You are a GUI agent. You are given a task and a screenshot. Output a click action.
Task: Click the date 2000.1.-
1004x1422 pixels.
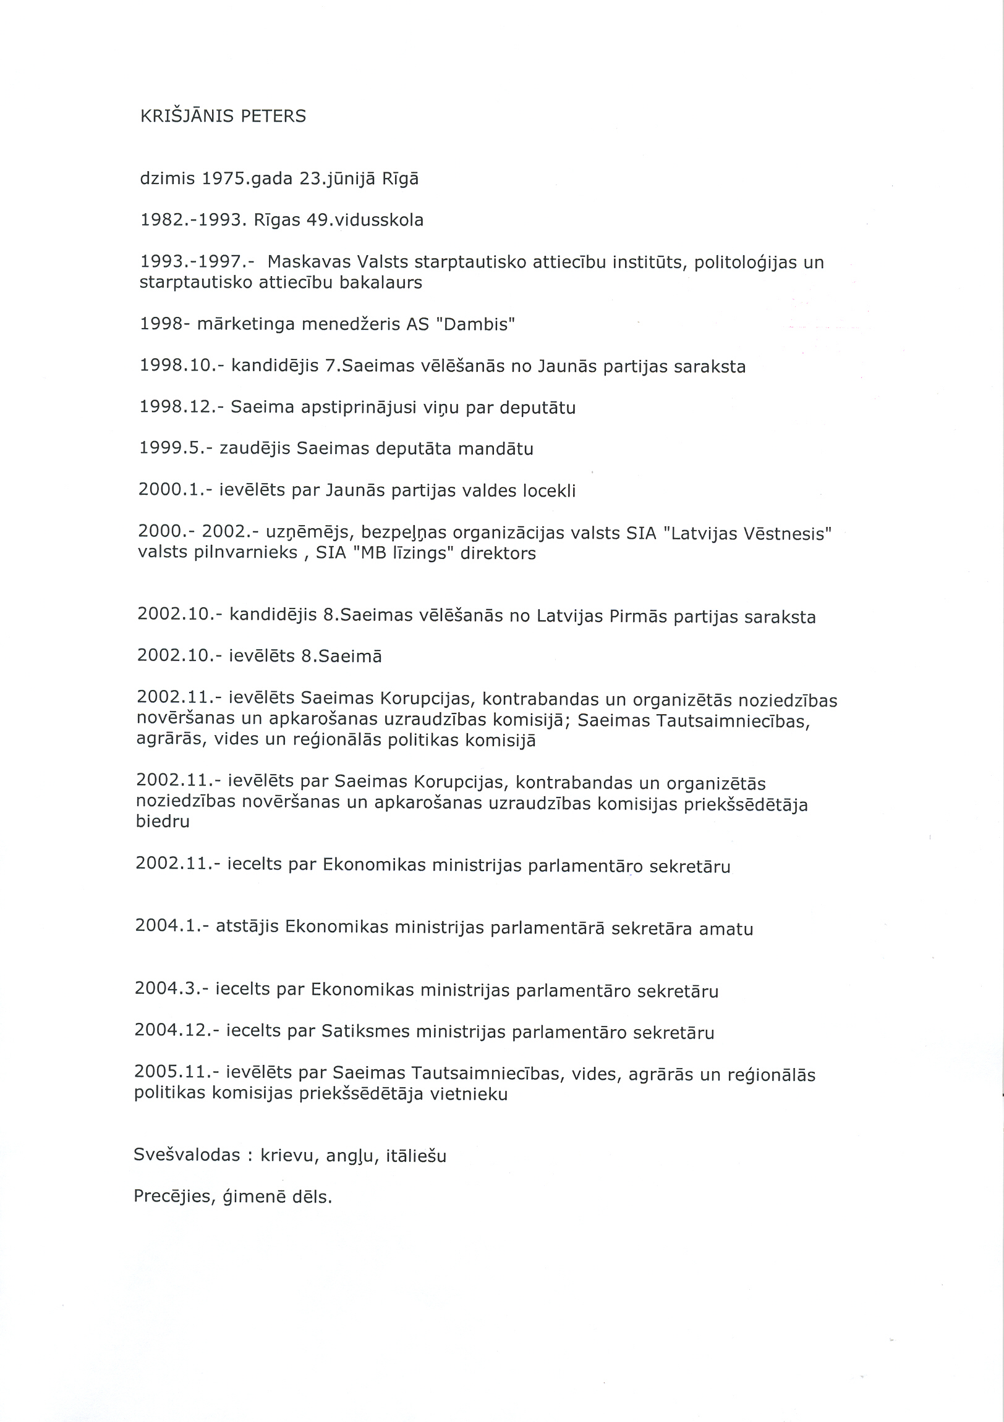tap(176, 490)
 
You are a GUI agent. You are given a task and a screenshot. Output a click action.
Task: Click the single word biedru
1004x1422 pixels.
tap(163, 822)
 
